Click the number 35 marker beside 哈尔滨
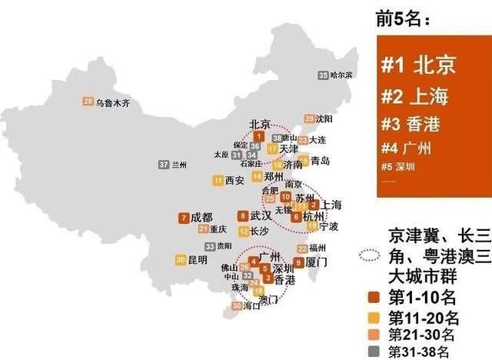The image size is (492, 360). pos(322,75)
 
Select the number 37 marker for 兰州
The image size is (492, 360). pos(164,165)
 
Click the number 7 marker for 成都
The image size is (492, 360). pos(182,217)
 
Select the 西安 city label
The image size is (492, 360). pos(234,181)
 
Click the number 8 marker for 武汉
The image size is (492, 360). pos(243,216)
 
